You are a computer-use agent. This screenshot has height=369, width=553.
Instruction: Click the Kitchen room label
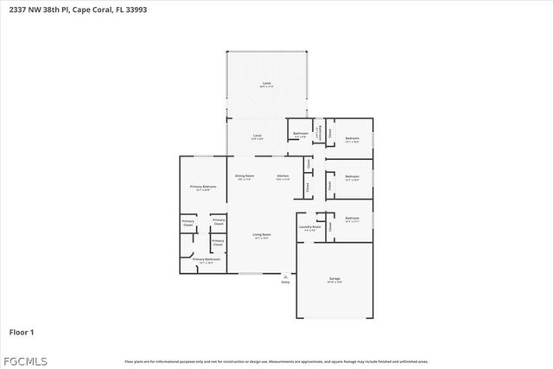coord(283,176)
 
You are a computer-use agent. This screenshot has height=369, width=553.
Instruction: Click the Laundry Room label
coord(309,227)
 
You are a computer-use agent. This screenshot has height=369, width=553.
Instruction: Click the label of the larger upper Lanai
coord(267,84)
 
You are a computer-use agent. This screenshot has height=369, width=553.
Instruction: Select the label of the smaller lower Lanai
coord(257,137)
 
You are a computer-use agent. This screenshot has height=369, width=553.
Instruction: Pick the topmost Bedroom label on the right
coord(353,139)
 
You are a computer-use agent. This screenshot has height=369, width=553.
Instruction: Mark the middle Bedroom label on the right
coord(352,177)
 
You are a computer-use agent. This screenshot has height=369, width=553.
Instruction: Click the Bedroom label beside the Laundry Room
coord(352,219)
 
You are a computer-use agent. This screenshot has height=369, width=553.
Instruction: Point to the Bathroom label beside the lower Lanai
coord(301,133)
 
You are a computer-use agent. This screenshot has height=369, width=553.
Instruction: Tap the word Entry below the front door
coord(286,282)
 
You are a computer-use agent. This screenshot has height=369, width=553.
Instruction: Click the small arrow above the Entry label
coord(286,276)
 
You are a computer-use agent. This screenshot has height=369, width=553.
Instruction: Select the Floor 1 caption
coord(22,331)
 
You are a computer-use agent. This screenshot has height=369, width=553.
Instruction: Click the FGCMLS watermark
coord(25,359)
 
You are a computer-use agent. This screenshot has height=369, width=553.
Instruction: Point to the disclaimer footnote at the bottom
coord(276,361)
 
